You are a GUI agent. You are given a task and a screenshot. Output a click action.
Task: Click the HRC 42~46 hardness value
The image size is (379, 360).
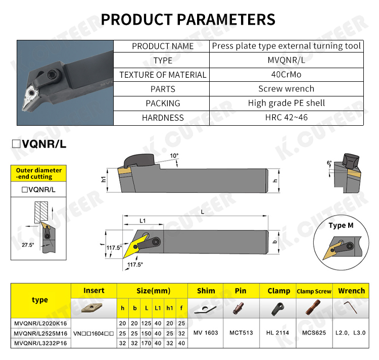[286, 118]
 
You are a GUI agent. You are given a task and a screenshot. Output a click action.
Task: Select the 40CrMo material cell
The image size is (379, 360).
[286, 75]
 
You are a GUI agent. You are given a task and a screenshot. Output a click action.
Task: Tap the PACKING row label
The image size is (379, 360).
[163, 104]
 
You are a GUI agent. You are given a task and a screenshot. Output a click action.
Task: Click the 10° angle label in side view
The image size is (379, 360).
[174, 156]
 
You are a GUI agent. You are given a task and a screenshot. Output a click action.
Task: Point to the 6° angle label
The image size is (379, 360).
[329, 163]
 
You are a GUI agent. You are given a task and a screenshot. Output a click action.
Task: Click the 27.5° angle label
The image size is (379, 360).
[28, 245]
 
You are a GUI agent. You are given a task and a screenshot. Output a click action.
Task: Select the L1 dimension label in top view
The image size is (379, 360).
[143, 221]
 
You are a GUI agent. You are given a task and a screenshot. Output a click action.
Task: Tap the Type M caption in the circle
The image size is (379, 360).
[341, 226]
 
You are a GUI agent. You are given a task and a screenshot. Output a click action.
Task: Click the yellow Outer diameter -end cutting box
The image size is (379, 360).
[39, 173]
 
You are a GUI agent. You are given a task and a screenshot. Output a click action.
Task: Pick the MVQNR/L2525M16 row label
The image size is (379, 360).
[40, 333]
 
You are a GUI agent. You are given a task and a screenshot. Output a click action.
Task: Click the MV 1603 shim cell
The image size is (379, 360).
[206, 333]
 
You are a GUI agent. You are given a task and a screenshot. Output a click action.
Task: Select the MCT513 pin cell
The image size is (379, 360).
[241, 333]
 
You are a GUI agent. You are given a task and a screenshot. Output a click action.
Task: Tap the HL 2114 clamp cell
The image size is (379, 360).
[277, 333]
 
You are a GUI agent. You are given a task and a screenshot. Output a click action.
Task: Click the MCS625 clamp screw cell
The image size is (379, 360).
[314, 333]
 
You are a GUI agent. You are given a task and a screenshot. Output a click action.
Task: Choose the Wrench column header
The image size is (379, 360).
[351, 291]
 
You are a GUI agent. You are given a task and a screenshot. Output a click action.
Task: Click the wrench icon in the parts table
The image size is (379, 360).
[351, 307]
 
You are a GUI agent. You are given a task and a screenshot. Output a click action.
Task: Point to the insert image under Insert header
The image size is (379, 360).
[92, 308]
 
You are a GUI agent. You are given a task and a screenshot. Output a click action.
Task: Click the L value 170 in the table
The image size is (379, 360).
[146, 343]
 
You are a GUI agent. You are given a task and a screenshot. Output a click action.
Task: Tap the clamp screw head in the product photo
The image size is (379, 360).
[53, 75]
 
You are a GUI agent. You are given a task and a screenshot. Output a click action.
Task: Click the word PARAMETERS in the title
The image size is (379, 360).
[226, 19]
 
